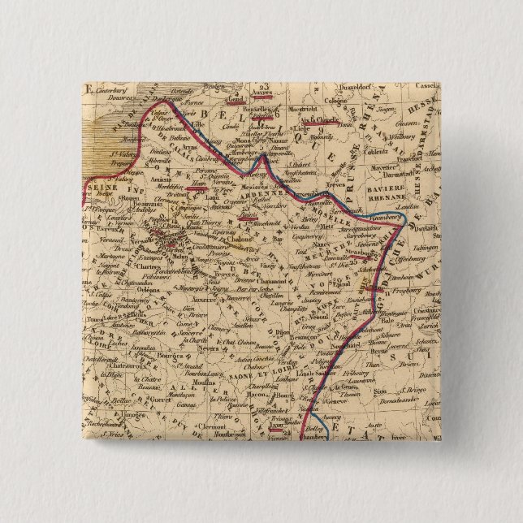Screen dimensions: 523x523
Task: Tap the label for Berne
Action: click(x=381, y=355)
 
